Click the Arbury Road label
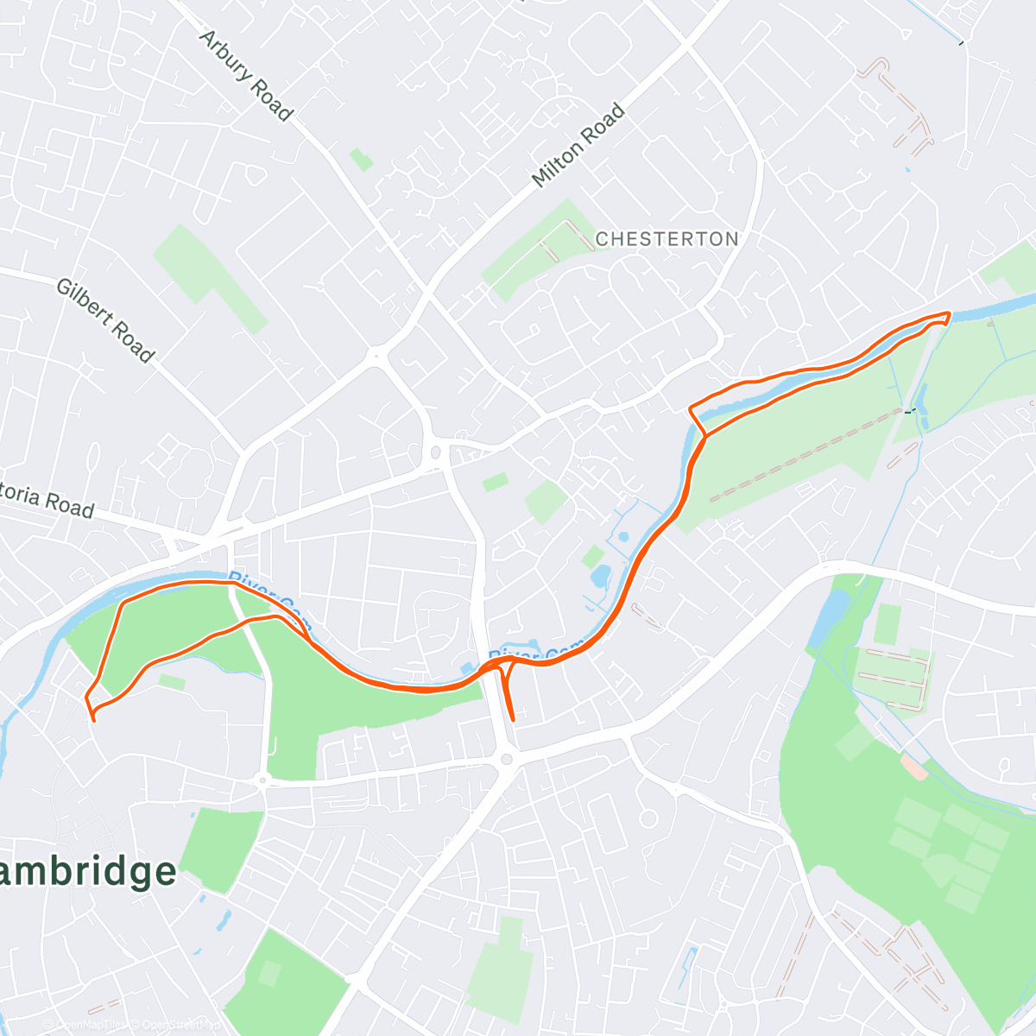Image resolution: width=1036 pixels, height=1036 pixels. pos(246,76)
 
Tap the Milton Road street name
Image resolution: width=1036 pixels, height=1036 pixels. pos(578,145)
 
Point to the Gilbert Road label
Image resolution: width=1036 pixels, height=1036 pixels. pos(105,320)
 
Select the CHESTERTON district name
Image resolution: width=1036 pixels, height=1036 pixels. pos(666,239)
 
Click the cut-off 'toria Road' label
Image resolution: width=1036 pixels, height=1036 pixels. pos(47,501)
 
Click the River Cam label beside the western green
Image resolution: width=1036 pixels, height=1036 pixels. pos(263,591)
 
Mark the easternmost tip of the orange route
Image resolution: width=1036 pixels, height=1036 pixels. pos(949,314)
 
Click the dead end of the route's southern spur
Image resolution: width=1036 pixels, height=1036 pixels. pos(513,718)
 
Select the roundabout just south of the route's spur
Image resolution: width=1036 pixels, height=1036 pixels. pos(507,760)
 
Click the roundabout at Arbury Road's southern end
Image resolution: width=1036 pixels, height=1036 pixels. pos(376,353)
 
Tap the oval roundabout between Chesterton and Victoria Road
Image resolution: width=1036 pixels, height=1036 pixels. pos(436,452)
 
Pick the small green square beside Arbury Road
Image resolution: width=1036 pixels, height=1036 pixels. pos(361,160)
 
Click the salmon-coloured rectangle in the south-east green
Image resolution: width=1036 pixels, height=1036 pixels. pos(914,768)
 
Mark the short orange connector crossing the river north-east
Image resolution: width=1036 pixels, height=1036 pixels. pos(697,420)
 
